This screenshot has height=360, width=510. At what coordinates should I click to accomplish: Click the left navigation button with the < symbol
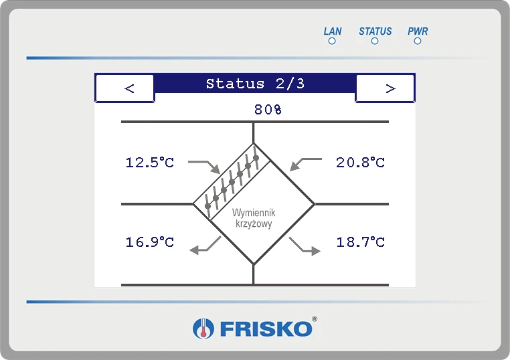125,88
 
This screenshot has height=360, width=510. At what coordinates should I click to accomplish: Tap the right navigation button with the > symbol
385,88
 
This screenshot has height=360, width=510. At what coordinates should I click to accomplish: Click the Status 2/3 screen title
255,84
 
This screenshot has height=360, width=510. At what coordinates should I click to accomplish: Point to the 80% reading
268,110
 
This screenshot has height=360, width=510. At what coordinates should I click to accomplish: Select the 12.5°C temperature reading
150,163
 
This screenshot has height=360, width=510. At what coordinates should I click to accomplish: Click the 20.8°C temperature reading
360,163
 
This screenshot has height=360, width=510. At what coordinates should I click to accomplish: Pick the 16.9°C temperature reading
150,242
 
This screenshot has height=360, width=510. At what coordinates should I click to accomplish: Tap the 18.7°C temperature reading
360,242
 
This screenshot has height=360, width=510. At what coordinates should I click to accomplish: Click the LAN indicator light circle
332,41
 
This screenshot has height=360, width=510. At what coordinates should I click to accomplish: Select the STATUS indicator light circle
375,41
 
